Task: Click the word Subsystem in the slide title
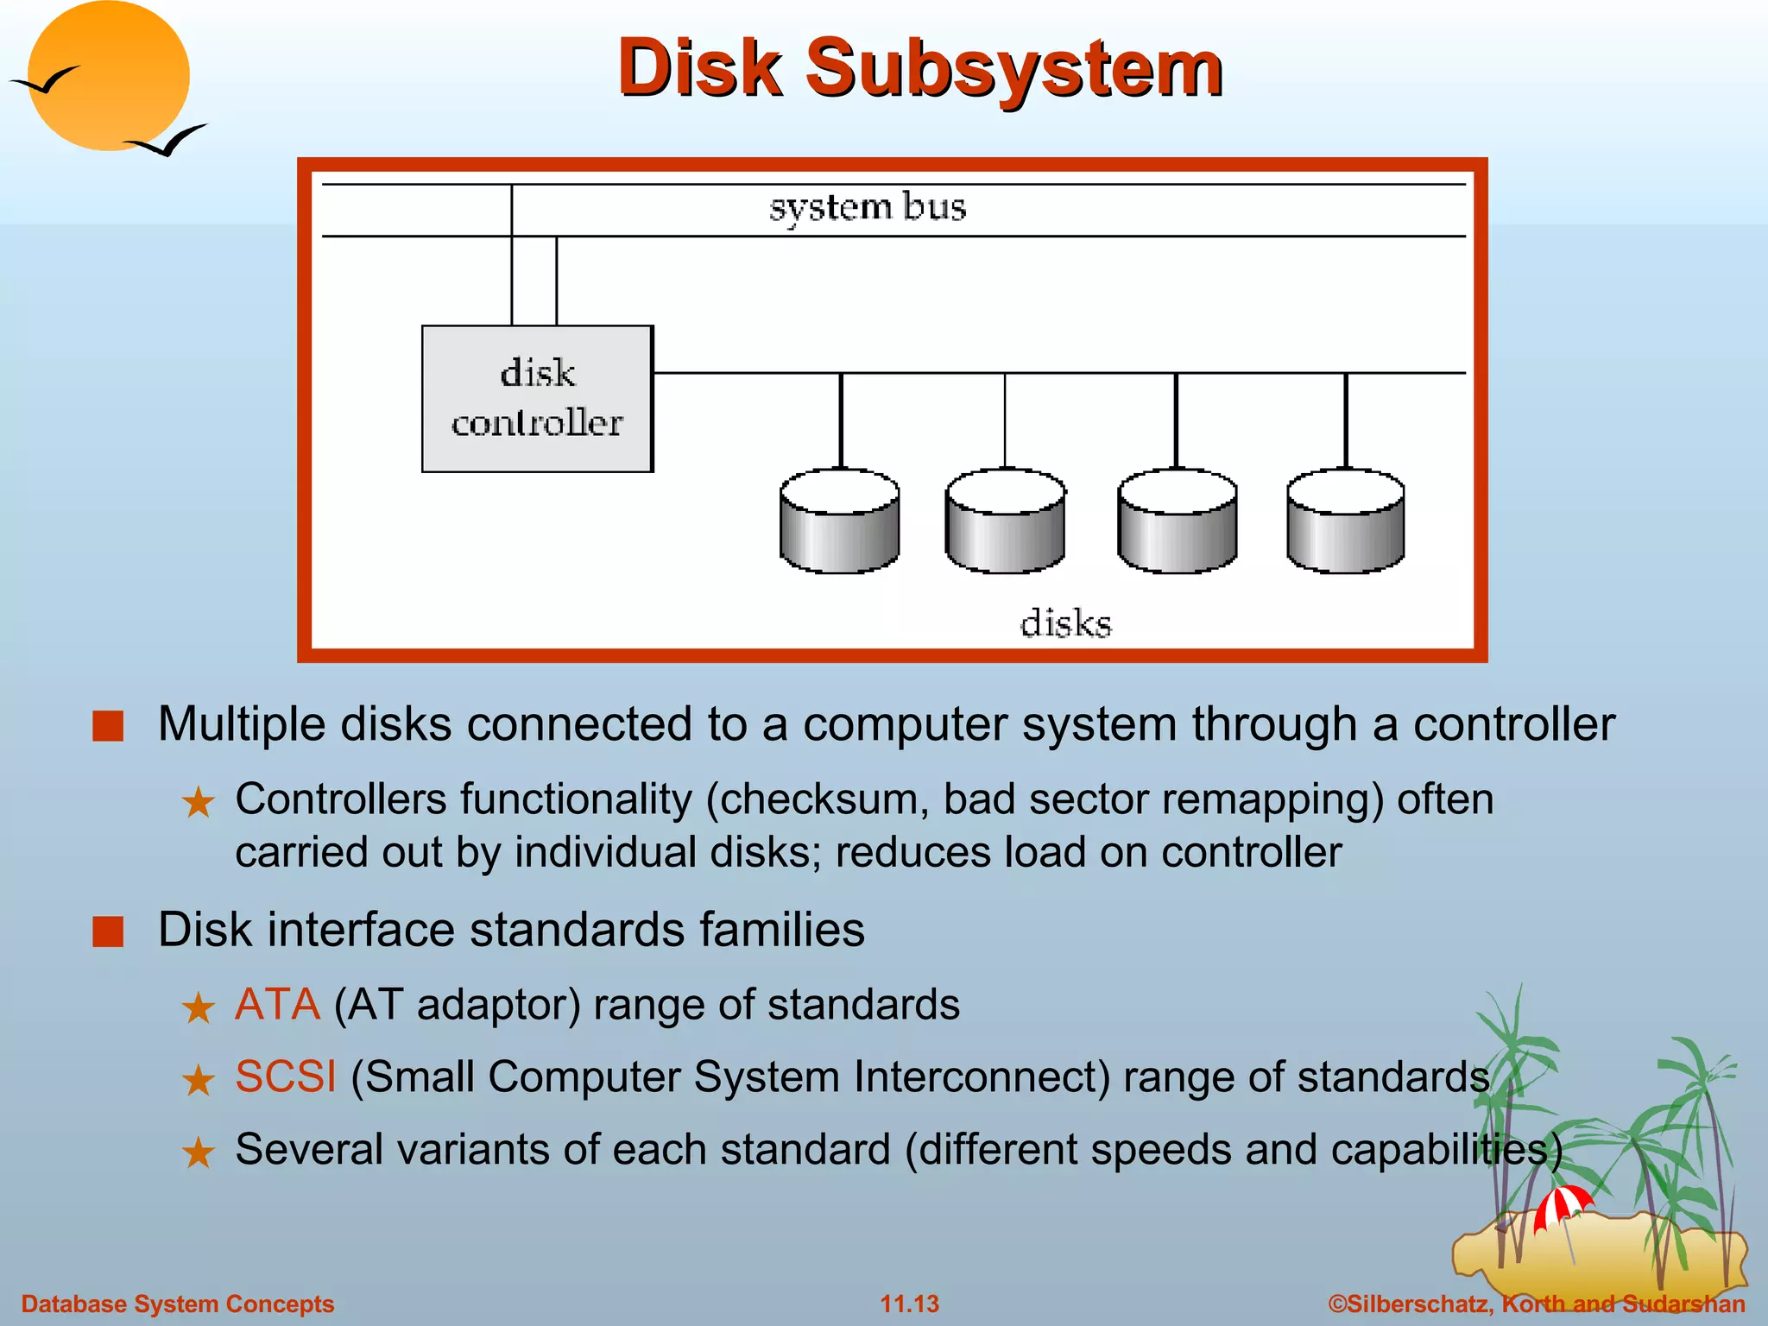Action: (1014, 69)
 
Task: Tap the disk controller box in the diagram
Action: (537, 399)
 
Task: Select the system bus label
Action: (867, 208)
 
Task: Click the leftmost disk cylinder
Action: (839, 521)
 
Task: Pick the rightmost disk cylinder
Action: (1345, 521)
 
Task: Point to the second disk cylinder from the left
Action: (1005, 521)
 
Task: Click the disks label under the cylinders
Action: (1065, 623)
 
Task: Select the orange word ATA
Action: (277, 1005)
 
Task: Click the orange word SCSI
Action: (286, 1077)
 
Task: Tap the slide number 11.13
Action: (909, 1304)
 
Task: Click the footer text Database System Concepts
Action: (178, 1304)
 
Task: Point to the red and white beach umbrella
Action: (1563, 1204)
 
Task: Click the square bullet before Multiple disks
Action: (109, 726)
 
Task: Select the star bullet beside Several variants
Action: (199, 1152)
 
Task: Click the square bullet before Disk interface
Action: (109, 931)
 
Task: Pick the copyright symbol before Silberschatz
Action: (1337, 1304)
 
